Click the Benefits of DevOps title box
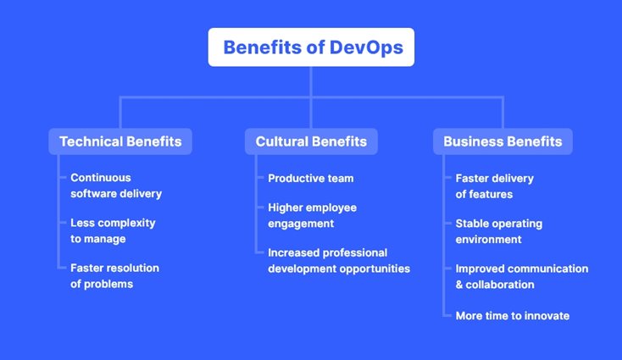pyautogui.click(x=311, y=47)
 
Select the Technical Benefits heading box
pyautogui.click(x=120, y=141)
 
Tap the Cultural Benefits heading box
pyautogui.click(x=311, y=141)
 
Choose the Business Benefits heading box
pyautogui.click(x=503, y=141)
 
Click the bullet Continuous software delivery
pyautogui.click(x=115, y=186)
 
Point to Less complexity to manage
pyautogui.click(x=113, y=230)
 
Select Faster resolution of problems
pyautogui.click(x=114, y=275)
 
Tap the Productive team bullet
pyautogui.click(x=310, y=178)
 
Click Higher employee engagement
pyautogui.click(x=312, y=215)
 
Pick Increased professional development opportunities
pyautogui.click(x=338, y=260)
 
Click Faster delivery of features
pyautogui.click(x=494, y=186)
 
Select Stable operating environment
pyautogui.click(x=498, y=230)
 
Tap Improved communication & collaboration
pyautogui.click(x=521, y=276)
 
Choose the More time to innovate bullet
pyautogui.click(x=512, y=316)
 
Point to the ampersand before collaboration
pyautogui.click(x=460, y=285)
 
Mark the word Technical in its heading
pyautogui.click(x=91, y=141)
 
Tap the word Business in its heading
pyautogui.click(x=472, y=141)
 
